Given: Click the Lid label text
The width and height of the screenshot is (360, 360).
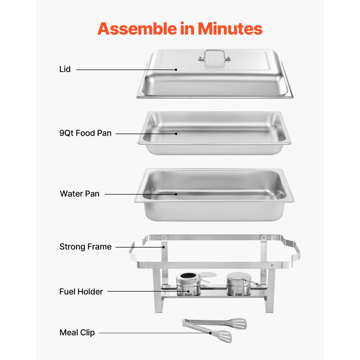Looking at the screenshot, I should coord(65,69).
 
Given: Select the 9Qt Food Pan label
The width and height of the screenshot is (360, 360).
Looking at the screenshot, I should coord(85,133).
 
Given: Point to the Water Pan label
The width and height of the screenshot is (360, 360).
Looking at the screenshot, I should coord(80,194).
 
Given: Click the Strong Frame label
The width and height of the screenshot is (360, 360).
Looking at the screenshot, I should coord(85,247).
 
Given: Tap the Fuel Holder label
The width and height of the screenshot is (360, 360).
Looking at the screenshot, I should coord(81,292).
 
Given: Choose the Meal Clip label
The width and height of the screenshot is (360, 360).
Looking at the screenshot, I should coord(77,333).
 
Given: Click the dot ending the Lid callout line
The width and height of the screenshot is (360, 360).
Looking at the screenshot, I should coord(176,69).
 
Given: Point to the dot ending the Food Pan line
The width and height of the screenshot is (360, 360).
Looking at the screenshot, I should coord(176,134).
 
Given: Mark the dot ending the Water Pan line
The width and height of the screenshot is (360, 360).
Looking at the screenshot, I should coord(176,194).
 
